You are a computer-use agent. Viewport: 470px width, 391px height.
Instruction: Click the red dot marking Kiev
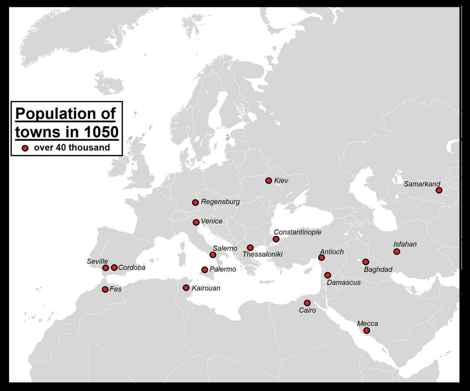click(x=269, y=180)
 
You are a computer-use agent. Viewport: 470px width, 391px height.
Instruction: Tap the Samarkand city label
click(x=422, y=184)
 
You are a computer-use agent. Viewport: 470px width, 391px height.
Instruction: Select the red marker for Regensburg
click(x=195, y=202)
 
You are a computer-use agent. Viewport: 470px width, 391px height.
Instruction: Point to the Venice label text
click(x=211, y=221)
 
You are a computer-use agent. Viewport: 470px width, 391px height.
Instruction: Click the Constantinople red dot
click(x=276, y=239)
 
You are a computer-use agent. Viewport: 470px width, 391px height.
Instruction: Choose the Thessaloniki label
click(x=262, y=254)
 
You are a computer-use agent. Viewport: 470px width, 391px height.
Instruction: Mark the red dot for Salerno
click(x=213, y=255)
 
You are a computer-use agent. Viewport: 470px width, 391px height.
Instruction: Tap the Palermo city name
click(x=222, y=270)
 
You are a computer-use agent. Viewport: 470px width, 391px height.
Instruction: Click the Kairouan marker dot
click(x=186, y=287)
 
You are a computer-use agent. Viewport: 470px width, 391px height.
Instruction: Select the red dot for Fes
click(x=105, y=289)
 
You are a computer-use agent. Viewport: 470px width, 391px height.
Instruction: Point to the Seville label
click(x=97, y=261)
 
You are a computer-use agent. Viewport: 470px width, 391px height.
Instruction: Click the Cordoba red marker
click(x=114, y=267)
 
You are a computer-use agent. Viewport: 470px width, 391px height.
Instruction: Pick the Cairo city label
click(x=307, y=311)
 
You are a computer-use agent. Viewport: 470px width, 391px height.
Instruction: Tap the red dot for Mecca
click(x=367, y=331)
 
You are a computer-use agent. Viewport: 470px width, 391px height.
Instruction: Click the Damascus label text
click(x=343, y=283)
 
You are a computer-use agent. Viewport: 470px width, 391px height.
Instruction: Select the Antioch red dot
click(x=321, y=257)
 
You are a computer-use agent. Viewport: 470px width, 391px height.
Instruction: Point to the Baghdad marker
click(x=366, y=262)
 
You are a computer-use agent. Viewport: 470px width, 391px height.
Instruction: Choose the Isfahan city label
click(x=405, y=244)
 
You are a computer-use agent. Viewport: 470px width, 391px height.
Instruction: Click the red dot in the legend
click(x=25, y=148)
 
